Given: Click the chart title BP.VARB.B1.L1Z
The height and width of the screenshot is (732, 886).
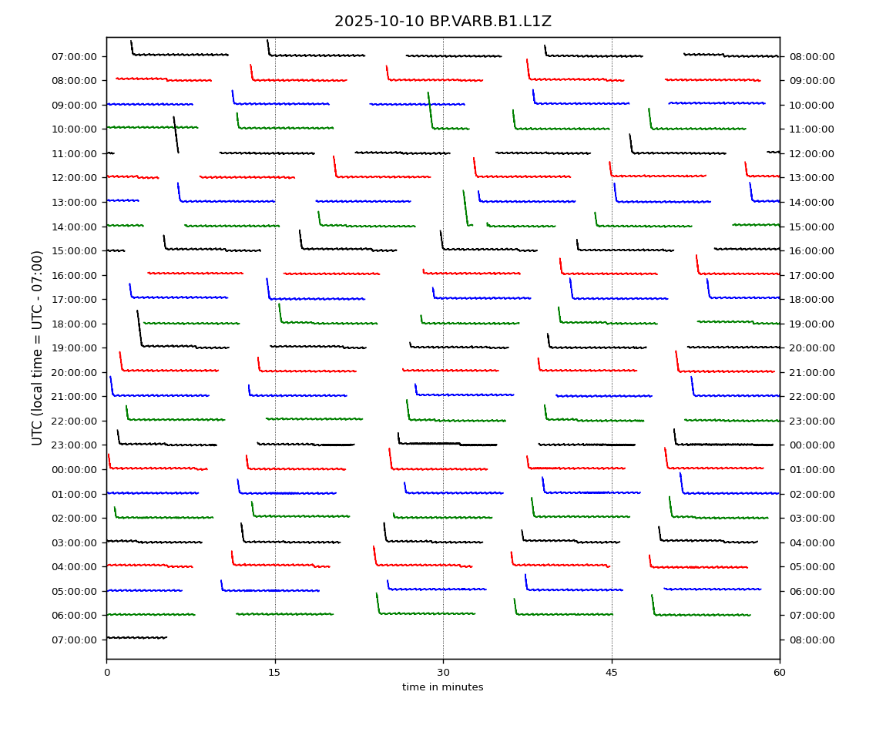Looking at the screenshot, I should coord(442,22).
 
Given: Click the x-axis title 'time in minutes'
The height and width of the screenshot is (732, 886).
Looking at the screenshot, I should coord(442,687).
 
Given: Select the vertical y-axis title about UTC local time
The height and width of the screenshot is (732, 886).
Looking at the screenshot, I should coord(38,348).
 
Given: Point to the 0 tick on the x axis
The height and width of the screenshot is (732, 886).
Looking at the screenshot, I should coord(106,673).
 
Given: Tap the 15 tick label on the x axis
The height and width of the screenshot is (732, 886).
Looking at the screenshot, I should coord(275,673).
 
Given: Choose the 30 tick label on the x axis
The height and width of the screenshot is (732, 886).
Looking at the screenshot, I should coord(443,673).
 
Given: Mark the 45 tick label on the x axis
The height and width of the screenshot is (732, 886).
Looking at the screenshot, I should coord(612,673).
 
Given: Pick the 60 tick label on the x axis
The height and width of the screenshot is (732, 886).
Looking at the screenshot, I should coord(780,673).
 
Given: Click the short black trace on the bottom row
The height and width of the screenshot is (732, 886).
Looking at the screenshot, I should coord(136,637).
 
